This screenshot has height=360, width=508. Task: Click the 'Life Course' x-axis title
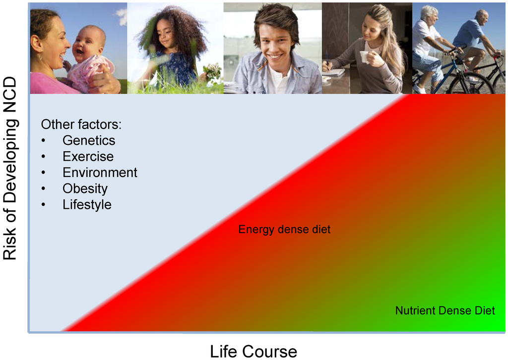[x=254, y=351]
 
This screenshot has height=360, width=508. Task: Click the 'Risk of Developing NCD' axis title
[x=10, y=168]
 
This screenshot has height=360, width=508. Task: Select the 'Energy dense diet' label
[x=284, y=229]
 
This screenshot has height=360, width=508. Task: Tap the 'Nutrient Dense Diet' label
[x=445, y=310]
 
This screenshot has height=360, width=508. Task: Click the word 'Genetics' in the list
[x=89, y=140]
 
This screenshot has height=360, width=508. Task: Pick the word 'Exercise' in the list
[x=88, y=156]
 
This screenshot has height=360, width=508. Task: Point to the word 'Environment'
[x=100, y=173]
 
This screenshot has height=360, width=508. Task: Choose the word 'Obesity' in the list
[x=85, y=189]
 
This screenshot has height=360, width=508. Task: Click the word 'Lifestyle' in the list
[x=87, y=205]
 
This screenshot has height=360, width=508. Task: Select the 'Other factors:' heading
[x=81, y=124]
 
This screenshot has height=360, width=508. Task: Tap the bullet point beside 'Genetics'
[x=44, y=141]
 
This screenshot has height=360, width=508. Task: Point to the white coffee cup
[x=365, y=57]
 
